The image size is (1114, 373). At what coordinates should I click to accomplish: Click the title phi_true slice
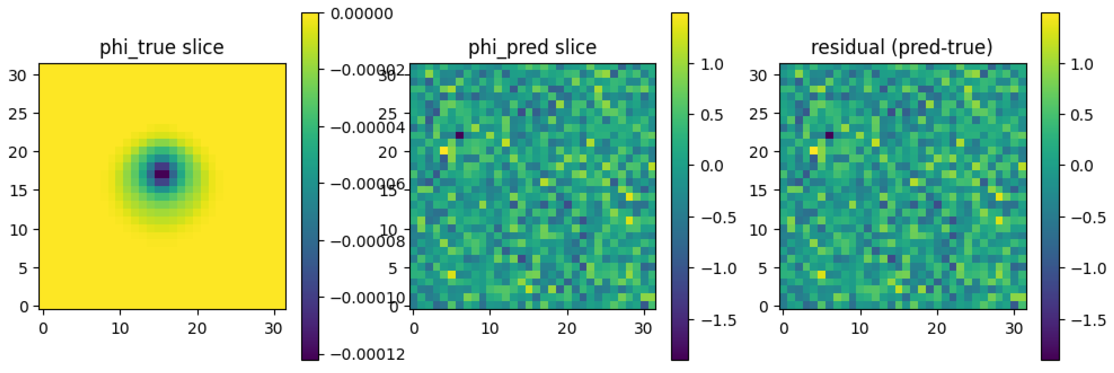tap(162, 47)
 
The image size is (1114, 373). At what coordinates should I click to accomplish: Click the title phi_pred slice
tap(532, 47)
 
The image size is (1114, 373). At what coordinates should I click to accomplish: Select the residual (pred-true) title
tap(902, 47)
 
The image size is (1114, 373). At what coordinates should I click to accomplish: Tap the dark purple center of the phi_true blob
tap(162, 174)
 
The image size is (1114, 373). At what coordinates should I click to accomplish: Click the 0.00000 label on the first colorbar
tap(362, 14)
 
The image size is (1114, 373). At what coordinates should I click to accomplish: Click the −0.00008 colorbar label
tap(368, 241)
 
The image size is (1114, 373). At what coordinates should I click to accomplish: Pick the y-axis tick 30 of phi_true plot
tap(18, 76)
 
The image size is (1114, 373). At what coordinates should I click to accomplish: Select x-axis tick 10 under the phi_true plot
tap(120, 329)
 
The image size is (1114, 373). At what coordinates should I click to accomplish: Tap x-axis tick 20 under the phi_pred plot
tap(567, 329)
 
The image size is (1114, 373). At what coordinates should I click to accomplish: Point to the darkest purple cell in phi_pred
tap(459, 135)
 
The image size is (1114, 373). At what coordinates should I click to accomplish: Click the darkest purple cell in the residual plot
tap(829, 135)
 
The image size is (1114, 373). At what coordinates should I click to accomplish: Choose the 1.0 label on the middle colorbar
tap(712, 64)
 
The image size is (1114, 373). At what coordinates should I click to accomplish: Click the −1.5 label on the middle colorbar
tap(718, 320)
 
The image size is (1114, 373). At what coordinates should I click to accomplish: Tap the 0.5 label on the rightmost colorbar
tap(1082, 115)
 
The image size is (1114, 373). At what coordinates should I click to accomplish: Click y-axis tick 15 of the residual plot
tap(758, 190)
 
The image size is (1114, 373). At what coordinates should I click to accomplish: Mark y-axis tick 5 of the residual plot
tap(763, 268)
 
